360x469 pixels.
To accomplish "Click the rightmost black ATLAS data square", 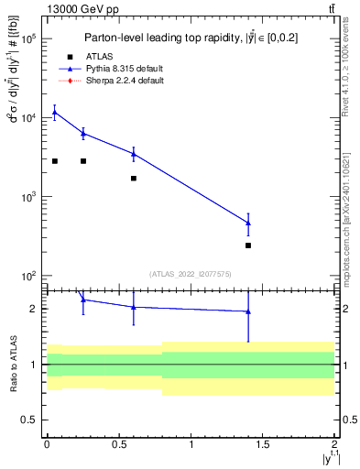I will pos(248,245).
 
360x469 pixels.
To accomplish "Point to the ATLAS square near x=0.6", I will pos(134,179).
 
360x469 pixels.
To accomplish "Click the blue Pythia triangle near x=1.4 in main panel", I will pos(248,223).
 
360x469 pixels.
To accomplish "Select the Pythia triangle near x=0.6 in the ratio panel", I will pos(134,307).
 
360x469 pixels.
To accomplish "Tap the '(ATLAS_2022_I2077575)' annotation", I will pos(190,273).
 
